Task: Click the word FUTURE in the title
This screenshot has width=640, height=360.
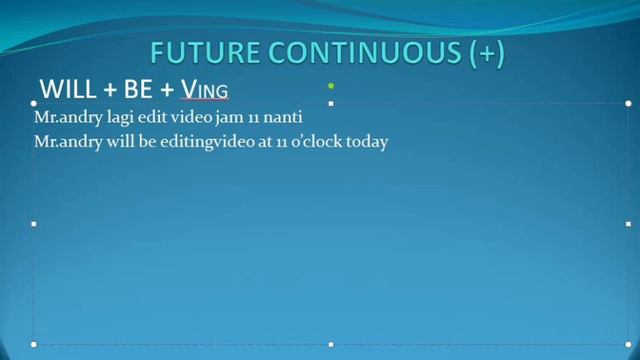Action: click(x=196, y=53)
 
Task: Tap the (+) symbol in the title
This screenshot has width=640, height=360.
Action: click(x=486, y=53)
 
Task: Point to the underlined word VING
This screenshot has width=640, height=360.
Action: click(x=204, y=90)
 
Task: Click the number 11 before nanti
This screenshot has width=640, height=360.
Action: click(x=251, y=118)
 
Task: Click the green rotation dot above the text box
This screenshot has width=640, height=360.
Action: click(x=331, y=86)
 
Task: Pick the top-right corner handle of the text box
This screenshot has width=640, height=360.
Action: click(x=628, y=103)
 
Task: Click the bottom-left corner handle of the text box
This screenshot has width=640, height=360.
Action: click(x=34, y=344)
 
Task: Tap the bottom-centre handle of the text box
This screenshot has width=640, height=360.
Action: click(x=331, y=344)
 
